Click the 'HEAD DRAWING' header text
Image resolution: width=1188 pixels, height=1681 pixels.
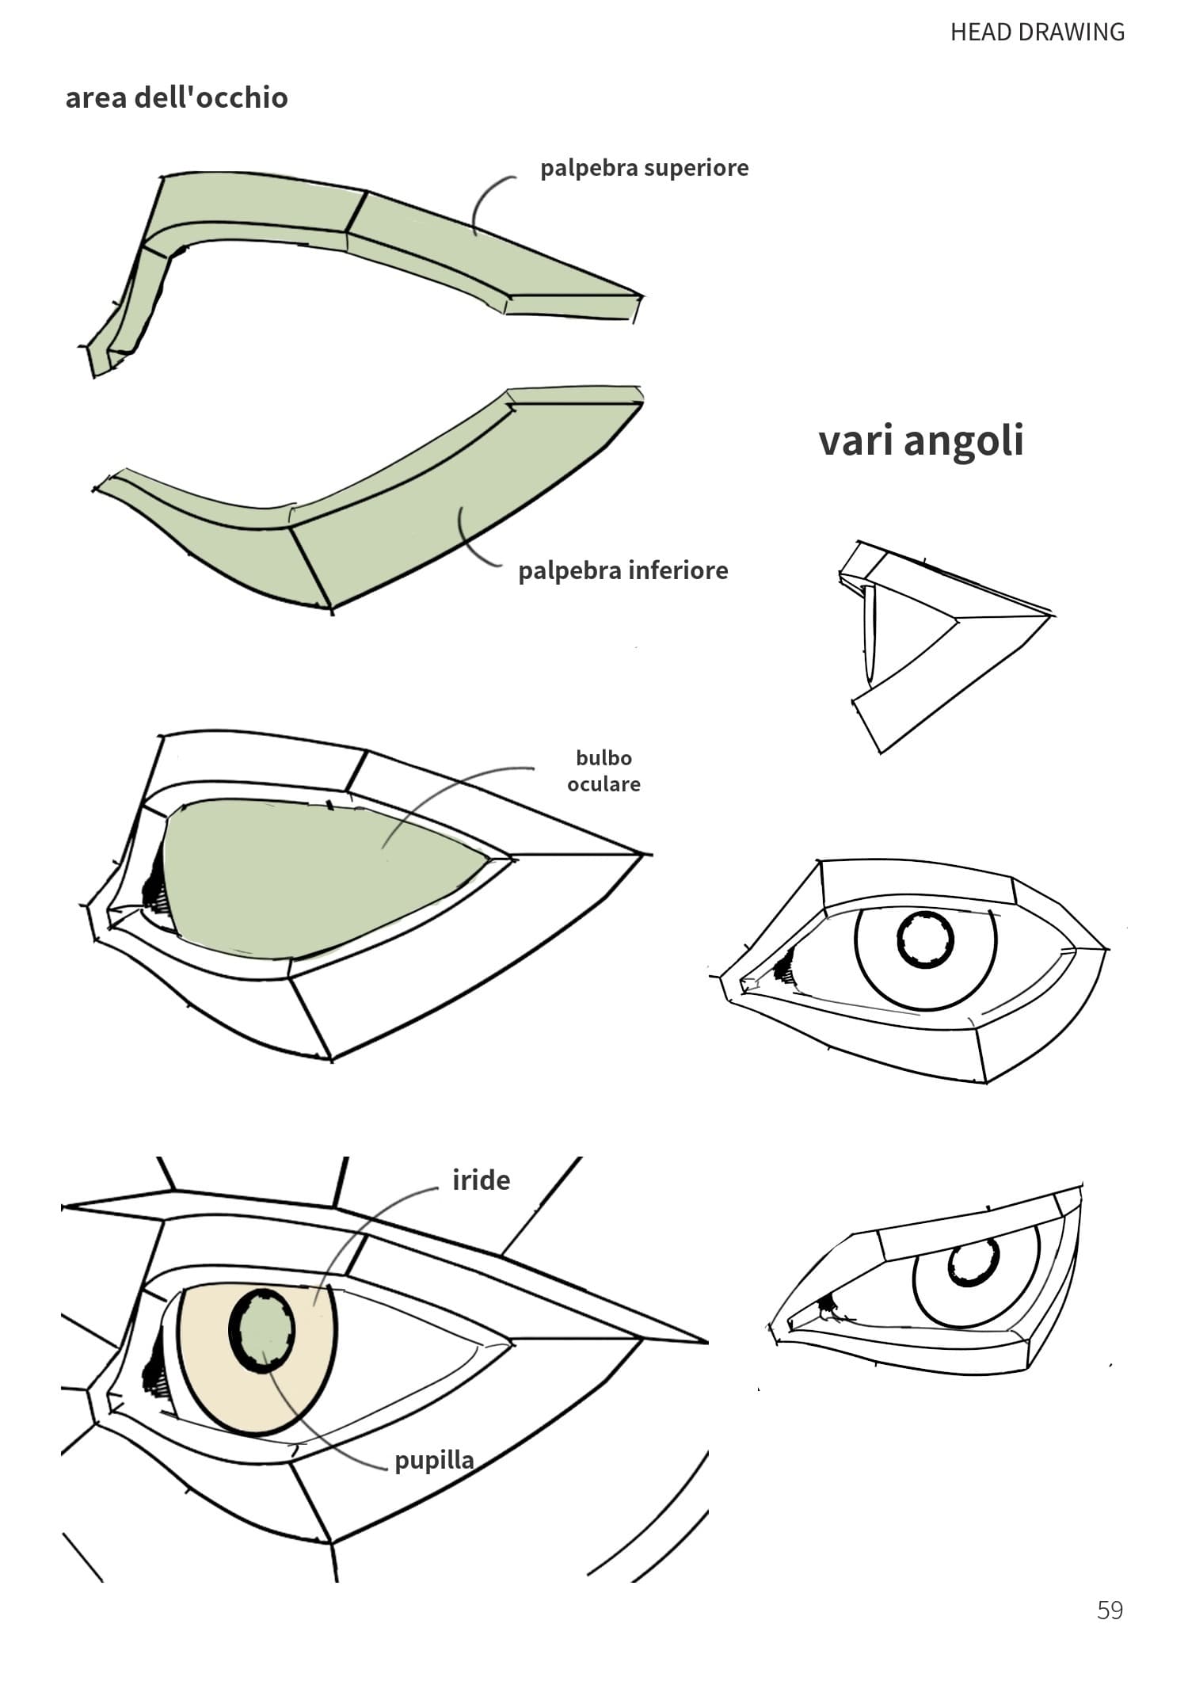click(x=1037, y=32)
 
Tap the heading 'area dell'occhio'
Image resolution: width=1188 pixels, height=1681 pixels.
click(x=177, y=97)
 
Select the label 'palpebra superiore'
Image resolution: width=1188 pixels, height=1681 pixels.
click(x=644, y=168)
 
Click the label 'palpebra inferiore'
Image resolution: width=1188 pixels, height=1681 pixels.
click(x=623, y=570)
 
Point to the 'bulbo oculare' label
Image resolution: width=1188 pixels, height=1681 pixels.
click(x=604, y=771)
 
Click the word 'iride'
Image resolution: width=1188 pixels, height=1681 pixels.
click(x=481, y=1180)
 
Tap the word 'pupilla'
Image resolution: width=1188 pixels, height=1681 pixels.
click(x=434, y=1459)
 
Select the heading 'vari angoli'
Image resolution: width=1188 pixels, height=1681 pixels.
click(x=921, y=440)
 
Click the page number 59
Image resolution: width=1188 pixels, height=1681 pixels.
click(x=1110, y=1610)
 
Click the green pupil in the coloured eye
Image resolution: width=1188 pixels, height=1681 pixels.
click(x=262, y=1331)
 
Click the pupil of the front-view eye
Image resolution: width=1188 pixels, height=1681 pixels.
click(x=925, y=940)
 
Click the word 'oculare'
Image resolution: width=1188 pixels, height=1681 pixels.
click(x=604, y=784)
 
